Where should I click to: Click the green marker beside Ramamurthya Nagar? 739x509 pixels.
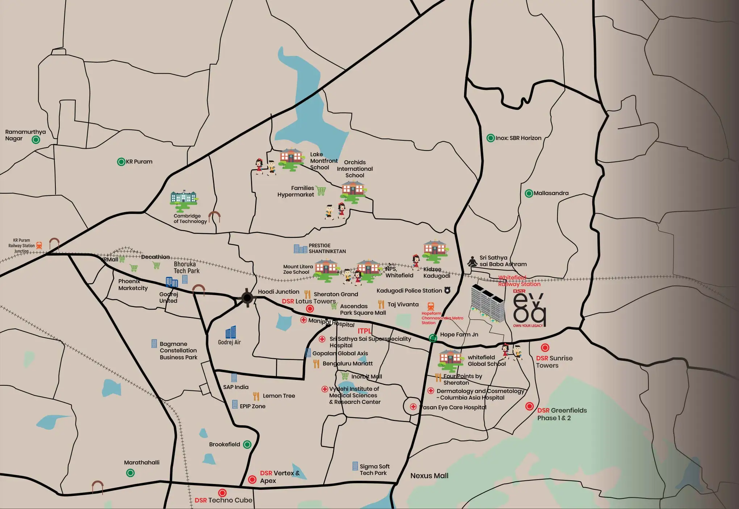(x=36, y=140)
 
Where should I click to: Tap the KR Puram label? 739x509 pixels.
(x=139, y=162)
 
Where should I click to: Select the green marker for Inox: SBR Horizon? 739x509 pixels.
(x=490, y=138)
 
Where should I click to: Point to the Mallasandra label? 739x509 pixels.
(x=551, y=193)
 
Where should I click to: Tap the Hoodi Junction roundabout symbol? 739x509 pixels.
(x=247, y=298)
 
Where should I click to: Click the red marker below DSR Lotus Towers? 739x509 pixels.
(x=310, y=309)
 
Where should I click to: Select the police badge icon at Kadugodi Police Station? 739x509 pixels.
(x=447, y=290)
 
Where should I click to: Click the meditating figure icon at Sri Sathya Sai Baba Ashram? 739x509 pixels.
(x=472, y=261)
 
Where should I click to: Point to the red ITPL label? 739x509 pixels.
(x=364, y=331)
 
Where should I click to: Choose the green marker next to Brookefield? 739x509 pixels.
(x=247, y=444)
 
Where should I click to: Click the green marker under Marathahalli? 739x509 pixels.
(x=130, y=473)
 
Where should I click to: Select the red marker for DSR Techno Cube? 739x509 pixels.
(x=222, y=493)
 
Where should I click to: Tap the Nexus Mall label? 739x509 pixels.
(x=429, y=476)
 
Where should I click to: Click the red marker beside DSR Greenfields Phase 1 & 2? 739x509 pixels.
(x=530, y=406)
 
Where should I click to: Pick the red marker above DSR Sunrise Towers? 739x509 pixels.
(x=545, y=348)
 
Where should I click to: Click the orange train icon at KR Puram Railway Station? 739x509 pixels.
(x=39, y=245)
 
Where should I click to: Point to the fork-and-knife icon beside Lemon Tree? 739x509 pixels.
(x=256, y=396)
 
